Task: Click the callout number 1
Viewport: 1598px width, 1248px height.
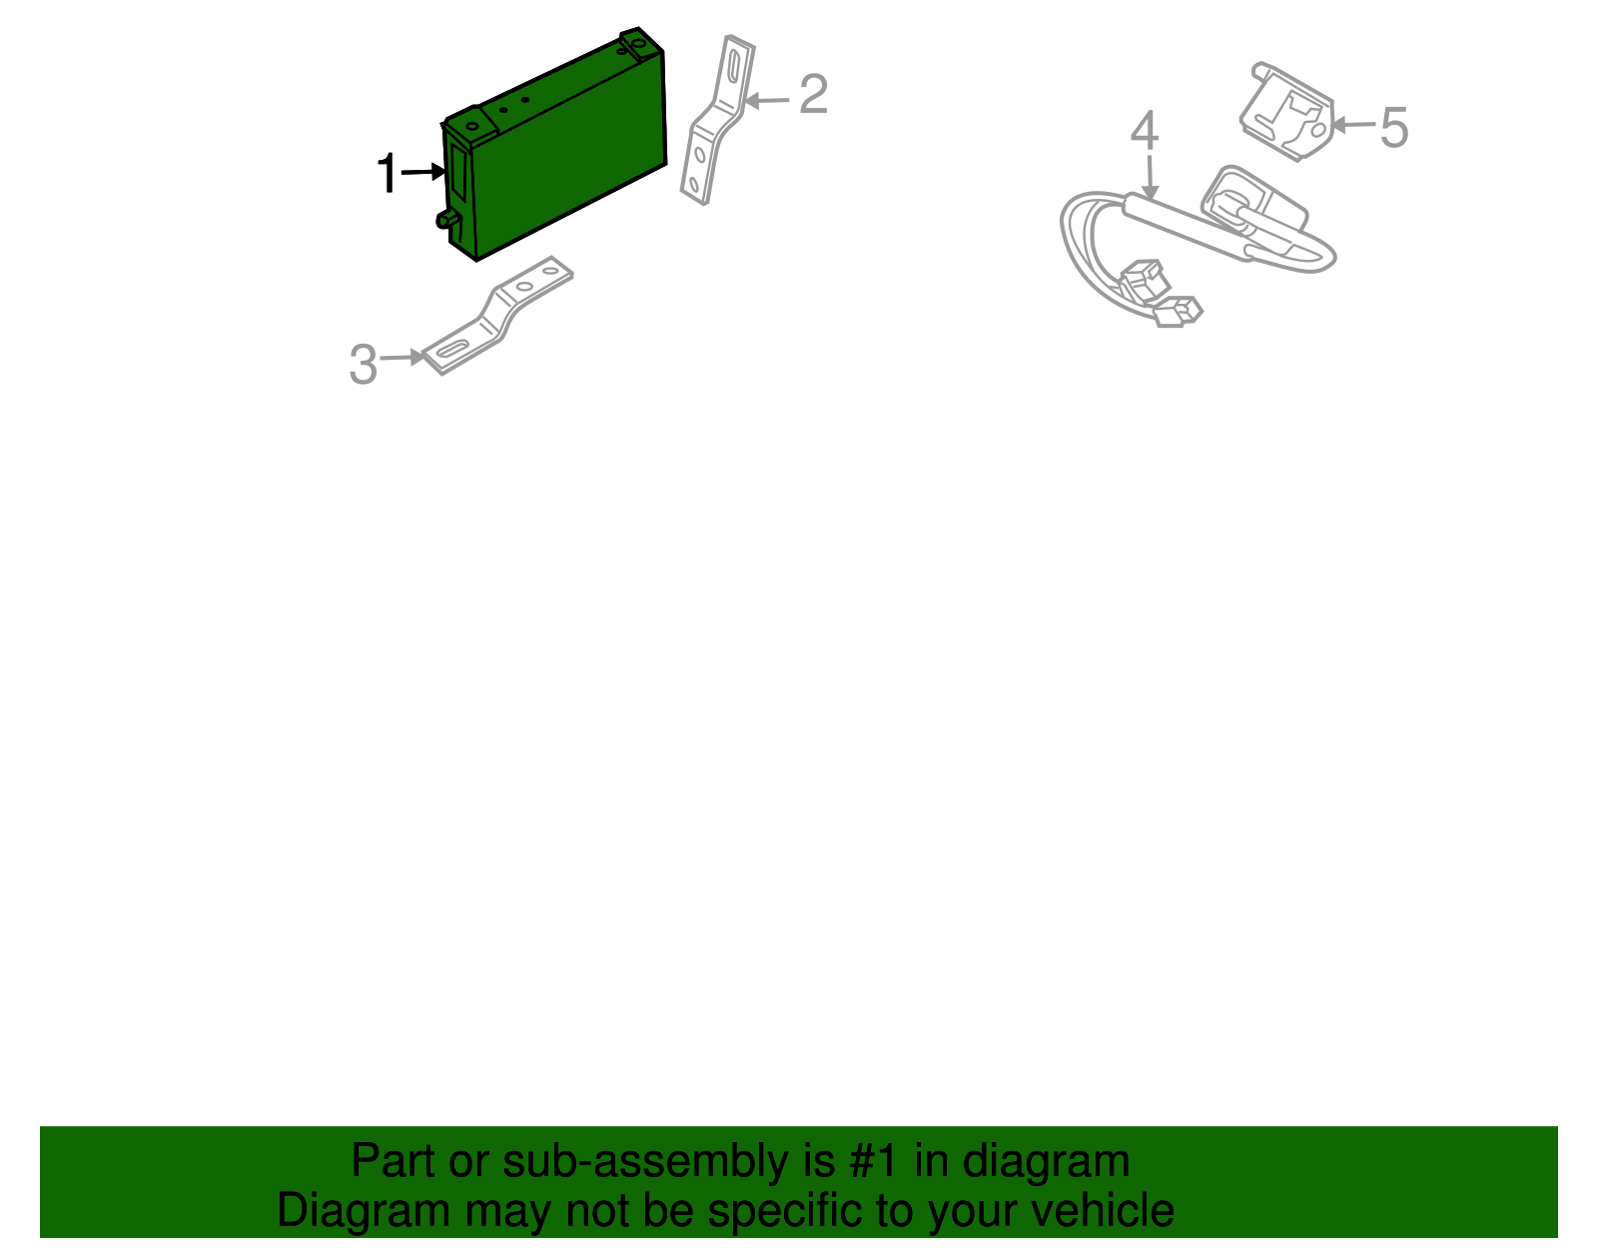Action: tap(387, 174)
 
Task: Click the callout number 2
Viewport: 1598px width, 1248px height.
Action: tap(813, 95)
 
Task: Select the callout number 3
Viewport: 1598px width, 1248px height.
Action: tap(363, 365)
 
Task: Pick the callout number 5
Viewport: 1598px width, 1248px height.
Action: tap(1394, 129)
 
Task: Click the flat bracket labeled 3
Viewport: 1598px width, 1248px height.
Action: tap(496, 315)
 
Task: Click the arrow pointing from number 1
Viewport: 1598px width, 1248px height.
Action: tap(424, 172)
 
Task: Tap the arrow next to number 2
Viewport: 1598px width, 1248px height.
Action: tap(767, 100)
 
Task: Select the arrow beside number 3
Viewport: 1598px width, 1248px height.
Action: tap(403, 357)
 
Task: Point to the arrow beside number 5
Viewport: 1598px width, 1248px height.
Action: tap(1353, 125)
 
